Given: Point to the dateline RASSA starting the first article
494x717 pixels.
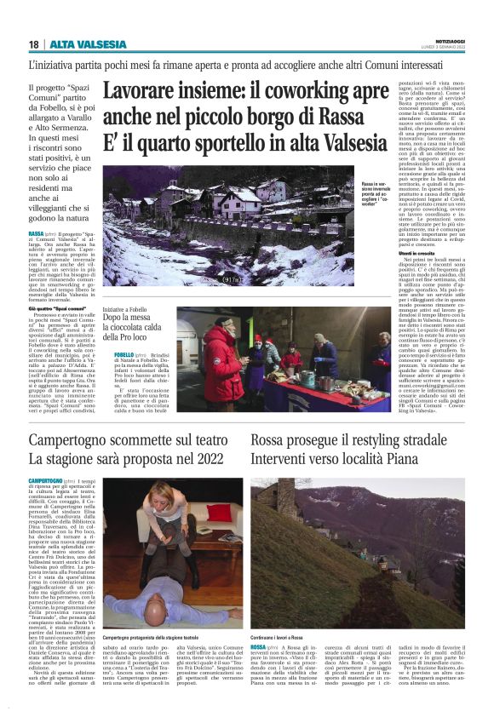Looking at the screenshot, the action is (36, 232).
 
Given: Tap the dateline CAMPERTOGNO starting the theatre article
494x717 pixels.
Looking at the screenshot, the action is (46, 481).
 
